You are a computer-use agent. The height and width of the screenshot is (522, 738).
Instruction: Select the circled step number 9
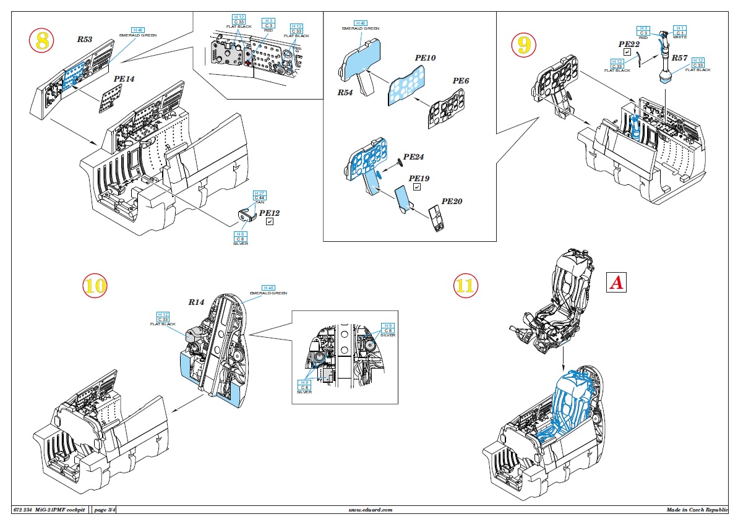coord(523,44)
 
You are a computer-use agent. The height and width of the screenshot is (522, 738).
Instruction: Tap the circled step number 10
coord(95,285)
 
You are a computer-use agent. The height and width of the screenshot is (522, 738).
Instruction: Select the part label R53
coord(84,39)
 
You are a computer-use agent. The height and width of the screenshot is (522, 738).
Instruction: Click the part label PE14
coord(124,80)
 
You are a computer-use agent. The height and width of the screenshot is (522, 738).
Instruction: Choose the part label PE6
coord(461,81)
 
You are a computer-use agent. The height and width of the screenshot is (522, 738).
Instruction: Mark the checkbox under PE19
coord(418,187)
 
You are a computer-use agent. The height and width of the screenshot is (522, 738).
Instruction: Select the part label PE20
coord(452,202)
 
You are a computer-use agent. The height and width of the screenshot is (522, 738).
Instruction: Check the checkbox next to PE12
coord(269,221)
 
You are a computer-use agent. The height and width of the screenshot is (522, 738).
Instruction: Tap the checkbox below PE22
coord(627,53)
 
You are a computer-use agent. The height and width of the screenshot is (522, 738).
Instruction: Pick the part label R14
coord(196,302)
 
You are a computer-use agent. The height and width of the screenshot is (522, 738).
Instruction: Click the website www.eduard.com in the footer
coord(371,510)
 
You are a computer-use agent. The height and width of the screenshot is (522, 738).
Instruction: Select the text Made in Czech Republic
coord(697,510)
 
